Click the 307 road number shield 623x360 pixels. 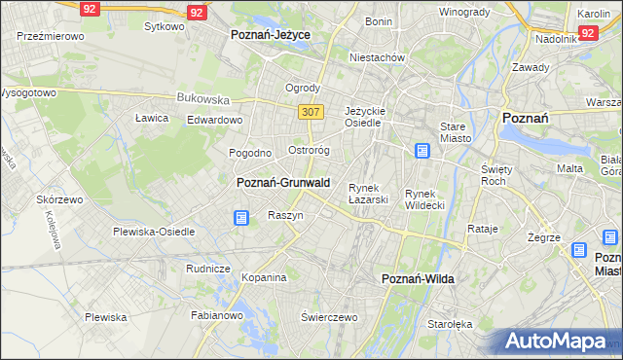click(x=310, y=112)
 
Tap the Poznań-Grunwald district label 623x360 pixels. click(x=283, y=183)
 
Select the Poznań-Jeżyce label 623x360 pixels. click(x=270, y=34)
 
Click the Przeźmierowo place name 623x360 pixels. click(x=50, y=35)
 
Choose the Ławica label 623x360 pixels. click(x=152, y=118)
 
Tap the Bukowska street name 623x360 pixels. click(x=202, y=98)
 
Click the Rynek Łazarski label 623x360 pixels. click(x=368, y=194)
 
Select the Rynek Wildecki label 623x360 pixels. click(x=424, y=199)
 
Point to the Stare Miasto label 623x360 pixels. click(x=455, y=132)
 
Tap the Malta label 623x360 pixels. click(x=569, y=168)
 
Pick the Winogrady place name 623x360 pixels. click(x=463, y=13)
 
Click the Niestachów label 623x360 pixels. click(x=378, y=57)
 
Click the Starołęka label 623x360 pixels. click(x=450, y=324)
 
